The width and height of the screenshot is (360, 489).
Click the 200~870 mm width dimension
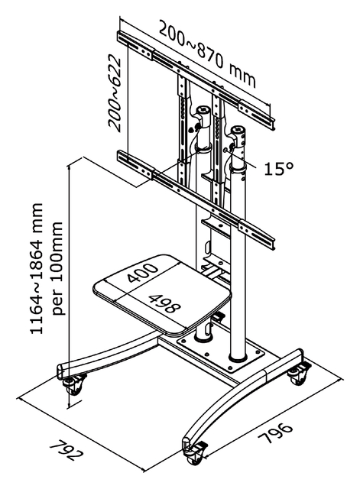point(208,53)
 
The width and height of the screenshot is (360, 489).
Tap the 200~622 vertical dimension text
point(115,92)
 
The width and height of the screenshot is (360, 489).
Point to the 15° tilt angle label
point(279,169)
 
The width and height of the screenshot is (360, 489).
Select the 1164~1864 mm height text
point(37,268)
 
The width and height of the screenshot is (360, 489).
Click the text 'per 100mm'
point(57,268)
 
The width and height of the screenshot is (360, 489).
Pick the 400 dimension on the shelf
point(142,272)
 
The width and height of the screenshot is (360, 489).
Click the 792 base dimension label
point(66,450)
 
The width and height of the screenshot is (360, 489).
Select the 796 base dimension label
point(275,433)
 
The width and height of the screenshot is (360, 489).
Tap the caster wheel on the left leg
point(74,384)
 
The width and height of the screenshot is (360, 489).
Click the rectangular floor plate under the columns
point(221,354)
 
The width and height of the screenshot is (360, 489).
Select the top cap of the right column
point(238,130)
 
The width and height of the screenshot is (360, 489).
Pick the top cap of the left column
point(203,110)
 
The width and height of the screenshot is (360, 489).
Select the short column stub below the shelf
point(204,332)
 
